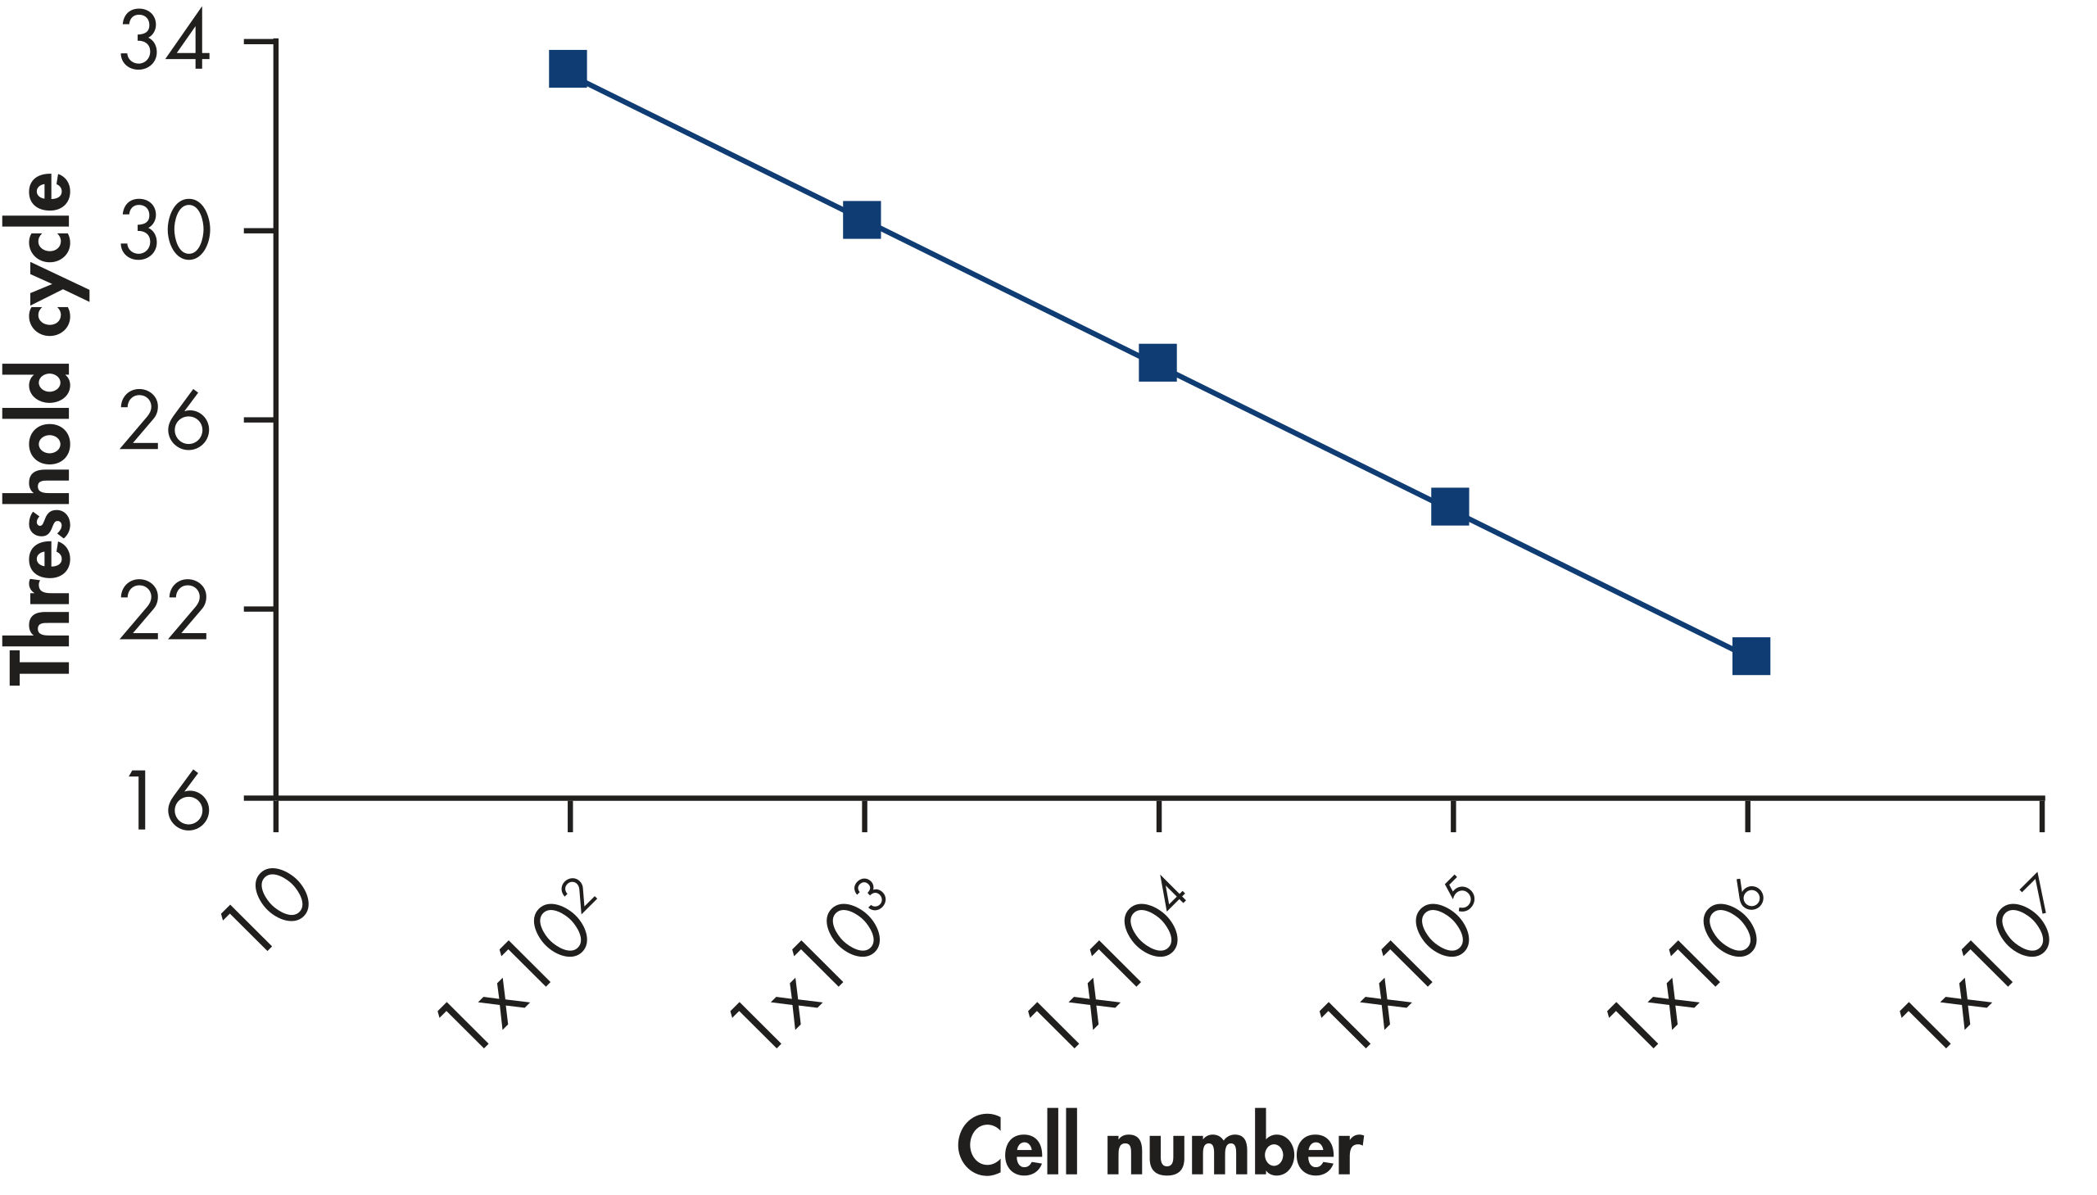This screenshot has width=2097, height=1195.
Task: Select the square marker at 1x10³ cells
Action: (x=862, y=220)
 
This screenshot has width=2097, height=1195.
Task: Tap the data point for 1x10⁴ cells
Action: (x=1157, y=363)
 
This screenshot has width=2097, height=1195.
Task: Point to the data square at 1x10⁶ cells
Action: (x=1751, y=656)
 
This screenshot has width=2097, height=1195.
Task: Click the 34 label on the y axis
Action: (x=164, y=46)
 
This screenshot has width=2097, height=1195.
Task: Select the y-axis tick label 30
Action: (x=164, y=233)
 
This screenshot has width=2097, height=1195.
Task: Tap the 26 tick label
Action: (x=164, y=423)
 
